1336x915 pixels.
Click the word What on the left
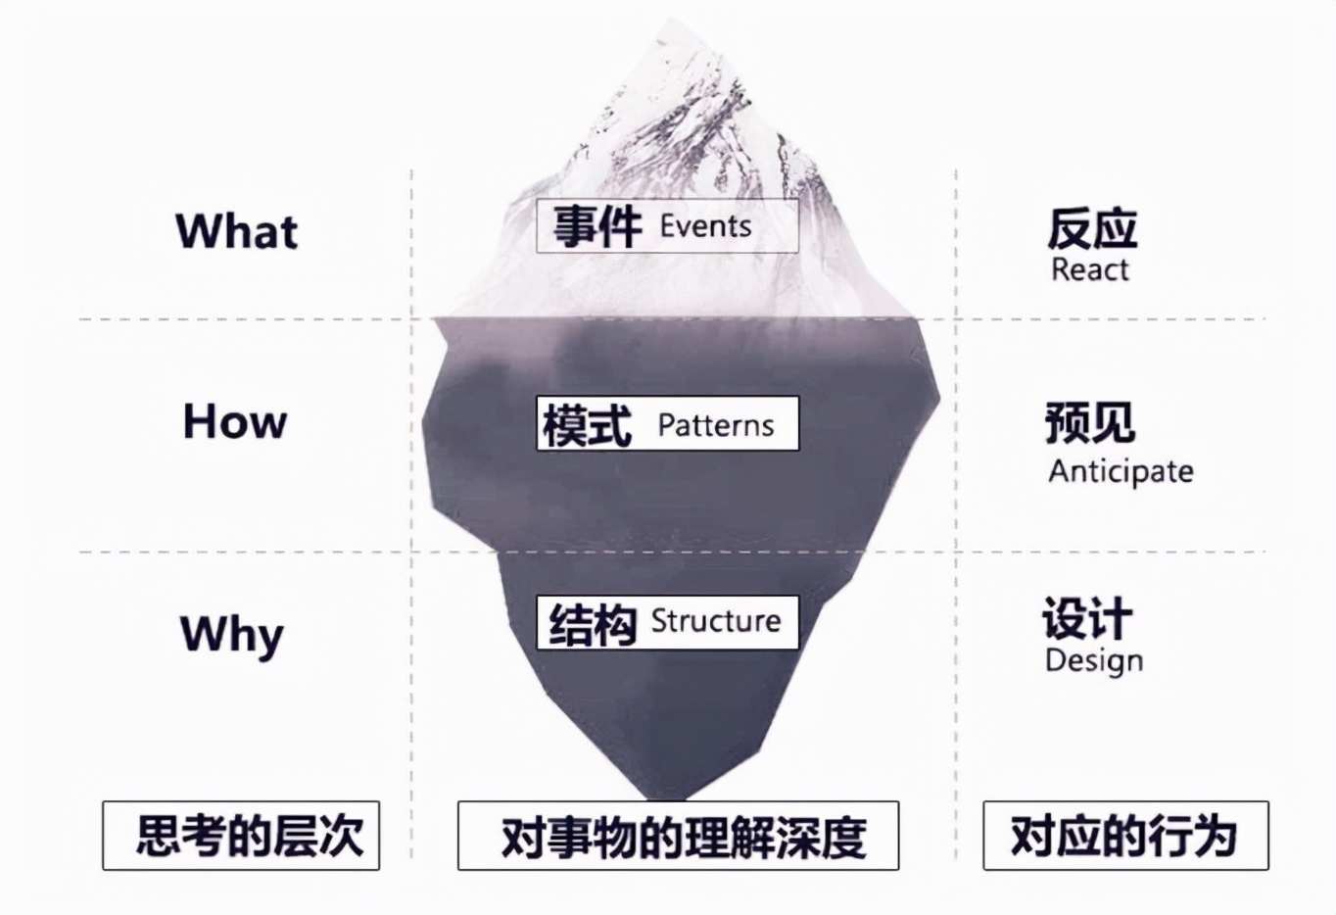[236, 231]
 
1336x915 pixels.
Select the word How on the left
[235, 421]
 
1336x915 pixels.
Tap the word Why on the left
[232, 634]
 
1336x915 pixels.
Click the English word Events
[705, 226]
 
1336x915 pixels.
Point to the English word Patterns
[715, 425]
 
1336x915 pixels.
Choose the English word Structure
[715, 621]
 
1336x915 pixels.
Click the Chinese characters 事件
[596, 226]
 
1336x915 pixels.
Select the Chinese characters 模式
[588, 425]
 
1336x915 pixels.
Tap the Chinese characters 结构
[593, 624]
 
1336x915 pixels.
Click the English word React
[1089, 269]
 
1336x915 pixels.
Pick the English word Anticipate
[1121, 471]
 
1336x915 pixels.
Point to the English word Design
[1093, 660]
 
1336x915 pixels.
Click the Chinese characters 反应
[1092, 229]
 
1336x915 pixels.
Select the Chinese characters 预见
[1089, 423]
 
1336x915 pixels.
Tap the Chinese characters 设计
[1087, 619]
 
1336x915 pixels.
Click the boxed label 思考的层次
[241, 836]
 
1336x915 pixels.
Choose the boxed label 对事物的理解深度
[678, 837]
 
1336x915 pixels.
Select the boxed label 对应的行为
[1125, 836]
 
